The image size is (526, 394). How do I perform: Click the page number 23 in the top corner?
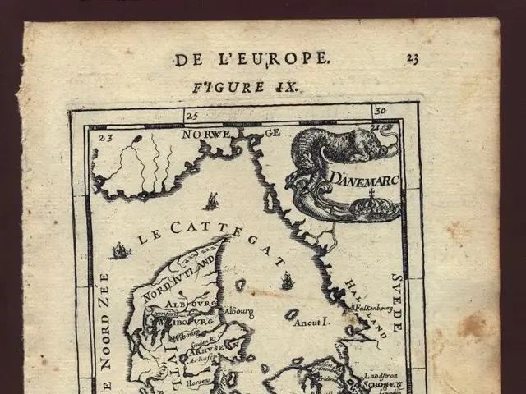coord(413,58)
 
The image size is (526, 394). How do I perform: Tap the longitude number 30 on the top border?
coord(379,111)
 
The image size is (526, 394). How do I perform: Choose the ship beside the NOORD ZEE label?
coord(121,250)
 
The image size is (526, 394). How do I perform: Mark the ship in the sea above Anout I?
coord(287,282)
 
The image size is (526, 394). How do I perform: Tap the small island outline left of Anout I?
coord(290,314)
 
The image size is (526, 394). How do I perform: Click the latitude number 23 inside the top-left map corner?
coord(104,138)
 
